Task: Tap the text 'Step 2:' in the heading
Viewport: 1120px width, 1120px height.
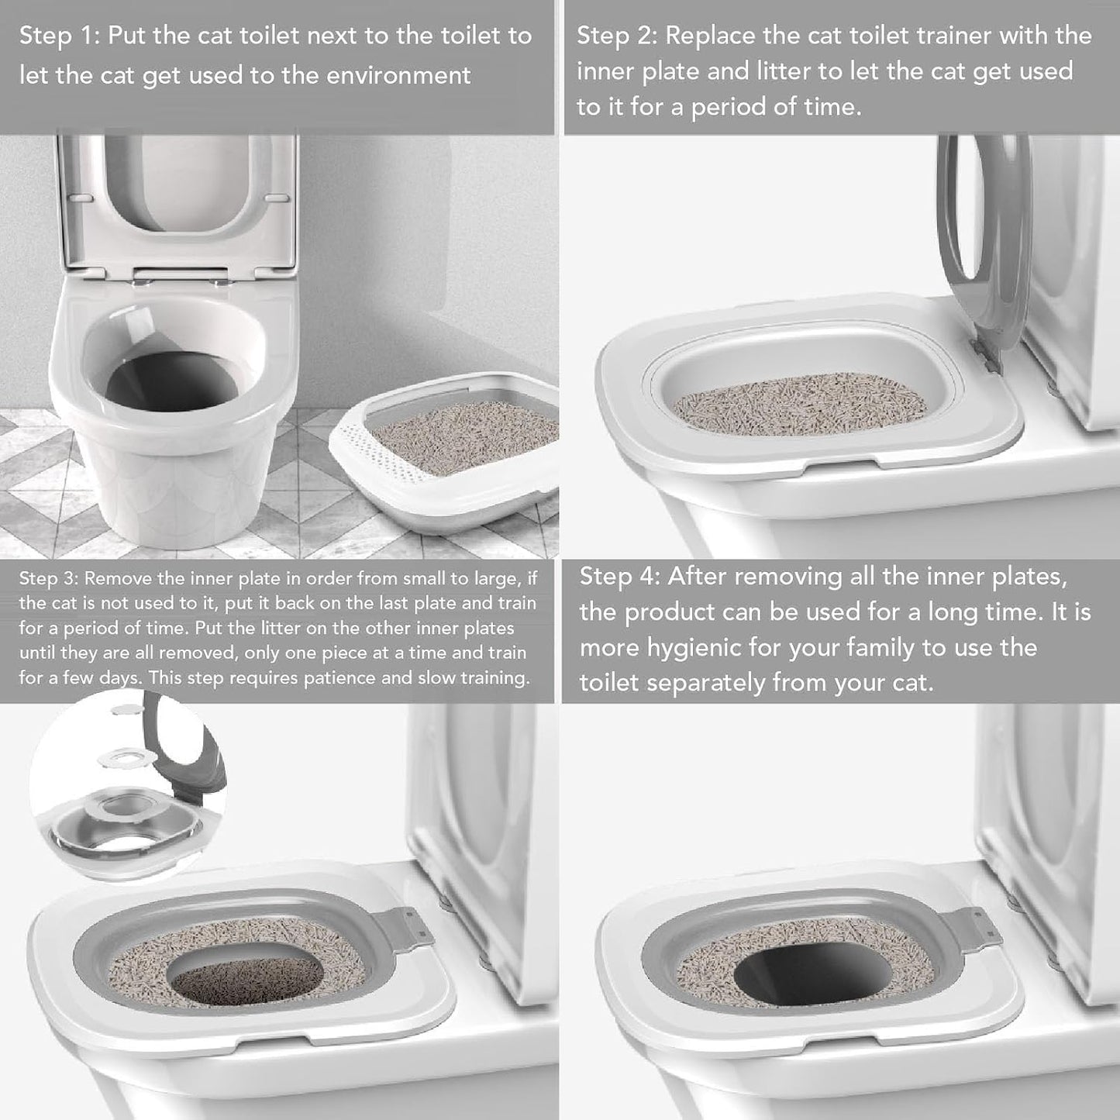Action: (x=617, y=36)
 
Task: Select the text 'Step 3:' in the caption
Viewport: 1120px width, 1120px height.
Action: (x=48, y=579)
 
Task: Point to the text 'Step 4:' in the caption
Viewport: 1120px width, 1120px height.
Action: (x=619, y=577)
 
